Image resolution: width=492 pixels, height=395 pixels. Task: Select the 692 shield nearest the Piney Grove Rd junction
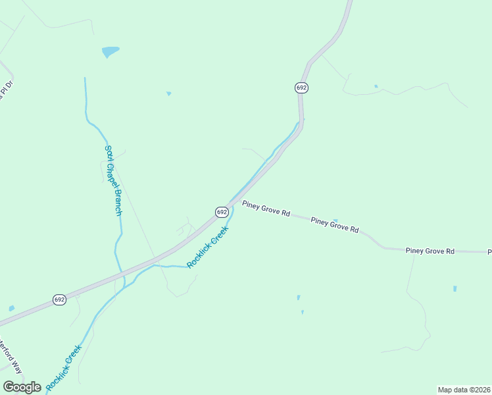point(222,212)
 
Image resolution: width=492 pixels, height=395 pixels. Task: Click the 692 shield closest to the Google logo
point(59,300)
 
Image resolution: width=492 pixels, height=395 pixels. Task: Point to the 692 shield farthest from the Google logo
point(301,88)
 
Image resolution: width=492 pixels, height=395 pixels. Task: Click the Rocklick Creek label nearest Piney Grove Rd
point(207,247)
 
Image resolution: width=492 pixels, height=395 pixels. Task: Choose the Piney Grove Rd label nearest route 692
point(266,209)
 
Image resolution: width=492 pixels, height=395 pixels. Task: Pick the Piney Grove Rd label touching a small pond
point(335,226)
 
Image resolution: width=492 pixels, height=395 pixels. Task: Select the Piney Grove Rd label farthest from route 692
point(430,251)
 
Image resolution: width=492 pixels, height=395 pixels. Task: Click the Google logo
point(22,387)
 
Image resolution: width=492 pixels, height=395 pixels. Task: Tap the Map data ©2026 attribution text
point(464,389)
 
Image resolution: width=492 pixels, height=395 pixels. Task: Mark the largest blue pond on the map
point(110,51)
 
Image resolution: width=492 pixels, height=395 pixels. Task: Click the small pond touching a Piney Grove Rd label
point(335,221)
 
